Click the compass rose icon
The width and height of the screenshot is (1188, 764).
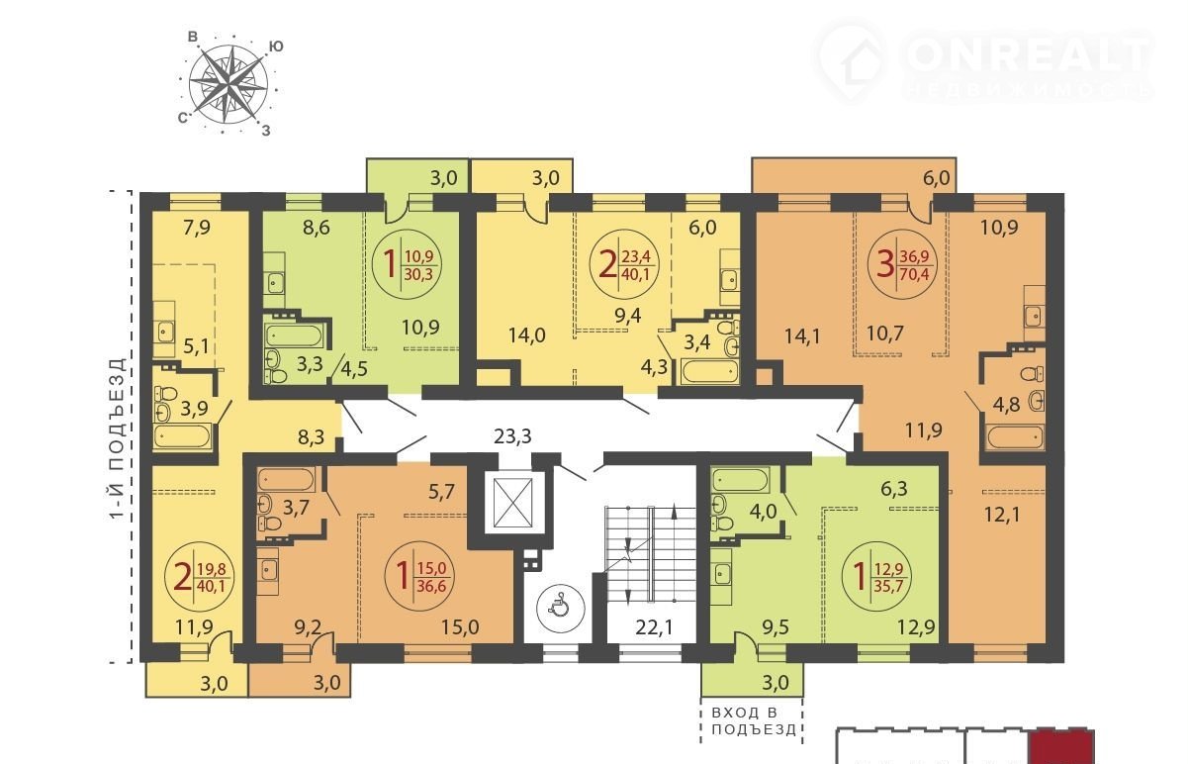(228, 84)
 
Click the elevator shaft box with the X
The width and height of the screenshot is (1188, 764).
(512, 504)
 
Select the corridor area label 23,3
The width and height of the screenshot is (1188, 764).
(512, 436)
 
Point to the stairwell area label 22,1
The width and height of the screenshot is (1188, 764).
(655, 627)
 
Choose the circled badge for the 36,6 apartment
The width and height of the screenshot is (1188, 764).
(419, 576)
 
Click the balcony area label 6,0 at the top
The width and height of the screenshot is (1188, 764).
(936, 179)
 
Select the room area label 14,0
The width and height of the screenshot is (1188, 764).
(527, 335)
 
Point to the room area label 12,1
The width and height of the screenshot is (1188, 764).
(1002, 514)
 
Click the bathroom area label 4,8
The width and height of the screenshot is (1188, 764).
(1007, 405)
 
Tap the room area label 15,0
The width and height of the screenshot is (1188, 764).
(460, 627)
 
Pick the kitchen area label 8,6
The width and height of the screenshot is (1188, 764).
(317, 228)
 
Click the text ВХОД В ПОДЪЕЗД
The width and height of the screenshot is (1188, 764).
(753, 721)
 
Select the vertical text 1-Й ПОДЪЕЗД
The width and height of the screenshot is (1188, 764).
(118, 438)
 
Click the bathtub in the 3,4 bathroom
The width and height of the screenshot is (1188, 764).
(709, 371)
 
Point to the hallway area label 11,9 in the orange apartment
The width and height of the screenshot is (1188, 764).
(923, 430)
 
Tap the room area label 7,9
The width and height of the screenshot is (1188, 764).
(197, 228)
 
